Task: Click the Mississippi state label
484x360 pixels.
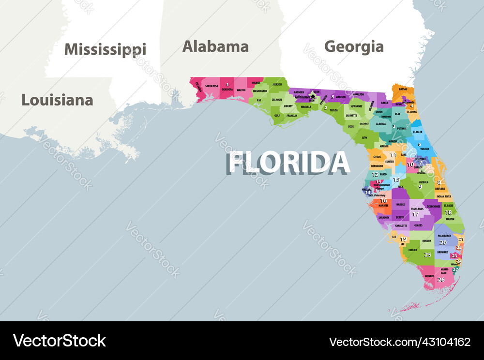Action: tap(105, 49)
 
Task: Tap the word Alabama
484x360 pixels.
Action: tap(215, 46)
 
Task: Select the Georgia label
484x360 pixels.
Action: tap(354, 46)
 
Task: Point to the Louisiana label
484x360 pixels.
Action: tap(57, 100)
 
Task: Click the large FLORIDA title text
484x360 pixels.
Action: tap(288, 163)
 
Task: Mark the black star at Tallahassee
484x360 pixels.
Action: tap(313, 97)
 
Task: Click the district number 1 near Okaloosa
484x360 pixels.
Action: tap(227, 85)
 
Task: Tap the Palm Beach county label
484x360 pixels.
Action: tap(444, 236)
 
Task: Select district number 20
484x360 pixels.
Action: tap(443, 242)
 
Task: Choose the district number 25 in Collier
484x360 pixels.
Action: tap(427, 255)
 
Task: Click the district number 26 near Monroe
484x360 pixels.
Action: tap(441, 280)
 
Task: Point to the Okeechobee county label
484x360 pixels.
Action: tap(433, 206)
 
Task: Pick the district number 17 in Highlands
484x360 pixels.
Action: tap(415, 214)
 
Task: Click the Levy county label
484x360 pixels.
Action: tap(364, 137)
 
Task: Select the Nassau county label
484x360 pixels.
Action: tap(403, 89)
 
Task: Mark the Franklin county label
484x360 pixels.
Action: tap(292, 116)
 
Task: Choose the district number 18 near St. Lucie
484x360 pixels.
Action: tap(449, 212)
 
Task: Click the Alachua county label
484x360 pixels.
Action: tap(381, 124)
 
